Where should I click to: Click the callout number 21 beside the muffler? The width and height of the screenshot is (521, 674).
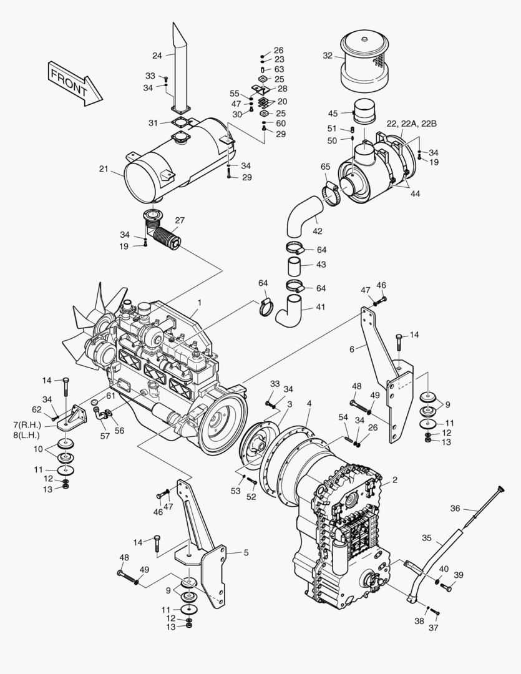[x=104, y=168]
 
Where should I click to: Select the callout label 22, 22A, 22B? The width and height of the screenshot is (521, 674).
[x=412, y=124]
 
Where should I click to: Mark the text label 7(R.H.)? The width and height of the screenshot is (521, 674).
[x=26, y=425]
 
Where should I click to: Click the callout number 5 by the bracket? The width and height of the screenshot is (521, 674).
[x=246, y=552]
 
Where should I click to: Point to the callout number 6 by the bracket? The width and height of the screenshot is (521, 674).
[x=352, y=349]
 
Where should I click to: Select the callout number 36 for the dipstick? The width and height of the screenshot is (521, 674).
[x=455, y=508]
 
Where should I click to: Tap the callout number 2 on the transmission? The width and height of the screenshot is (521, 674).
[x=394, y=481]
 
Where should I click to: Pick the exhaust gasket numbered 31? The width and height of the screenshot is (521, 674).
[x=180, y=123]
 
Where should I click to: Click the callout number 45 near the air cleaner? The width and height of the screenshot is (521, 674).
[x=333, y=114]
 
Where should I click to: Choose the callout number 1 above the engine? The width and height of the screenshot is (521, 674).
[x=199, y=303]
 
